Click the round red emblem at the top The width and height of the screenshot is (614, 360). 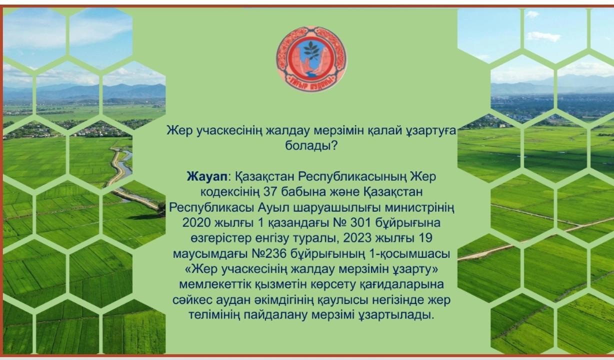311,59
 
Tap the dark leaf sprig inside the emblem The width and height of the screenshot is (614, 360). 311,50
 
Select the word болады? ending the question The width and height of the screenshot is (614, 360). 311,146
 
